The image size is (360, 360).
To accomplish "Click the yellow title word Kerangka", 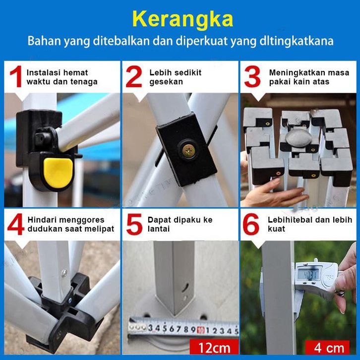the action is point(182,19).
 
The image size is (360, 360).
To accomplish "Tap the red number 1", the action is point(16,76).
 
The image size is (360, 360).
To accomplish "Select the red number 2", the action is point(134,76).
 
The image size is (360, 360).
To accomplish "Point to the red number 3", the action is point(252,76).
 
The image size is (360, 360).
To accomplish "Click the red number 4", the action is point(15,224).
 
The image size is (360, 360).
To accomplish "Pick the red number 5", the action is point(134,224).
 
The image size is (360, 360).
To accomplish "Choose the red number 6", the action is point(251,224).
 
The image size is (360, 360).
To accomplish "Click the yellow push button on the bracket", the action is point(58,170).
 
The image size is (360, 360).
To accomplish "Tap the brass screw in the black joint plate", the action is point(189,151).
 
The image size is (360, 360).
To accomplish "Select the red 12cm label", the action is point(214,347).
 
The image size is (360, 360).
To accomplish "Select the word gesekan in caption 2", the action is point(166,82).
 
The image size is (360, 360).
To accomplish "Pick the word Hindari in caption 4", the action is point(41,220).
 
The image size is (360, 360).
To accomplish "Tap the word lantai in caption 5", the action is point(158,229).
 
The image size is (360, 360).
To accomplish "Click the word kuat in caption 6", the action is point(276,229).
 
